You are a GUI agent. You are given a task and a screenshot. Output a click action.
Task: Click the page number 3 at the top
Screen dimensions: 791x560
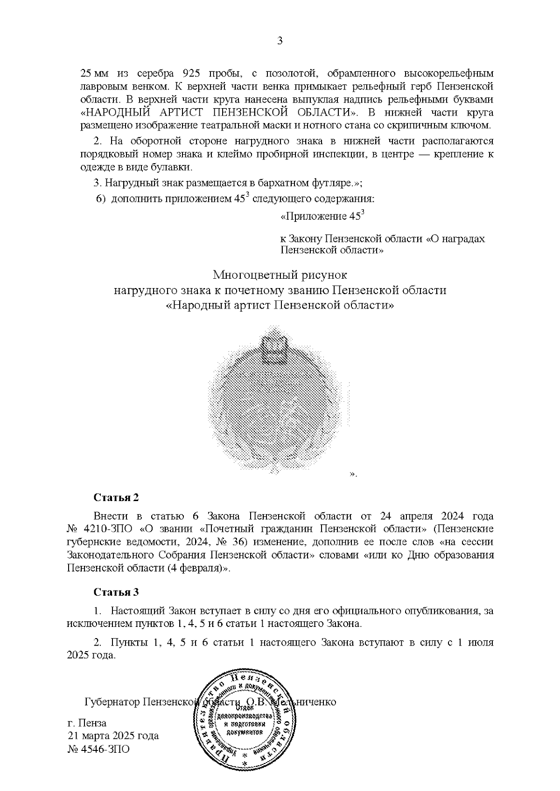(280, 41)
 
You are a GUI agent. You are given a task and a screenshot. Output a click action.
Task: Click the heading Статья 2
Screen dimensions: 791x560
(116, 497)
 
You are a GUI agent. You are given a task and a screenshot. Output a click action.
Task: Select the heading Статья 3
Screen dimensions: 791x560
(116, 592)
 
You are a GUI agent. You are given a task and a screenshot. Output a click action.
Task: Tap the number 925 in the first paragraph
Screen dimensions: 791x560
(192, 74)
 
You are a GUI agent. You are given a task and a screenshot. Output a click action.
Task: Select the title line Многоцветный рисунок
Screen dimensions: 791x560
(280, 275)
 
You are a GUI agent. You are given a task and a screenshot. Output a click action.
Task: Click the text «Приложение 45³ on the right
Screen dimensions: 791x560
(322, 217)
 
